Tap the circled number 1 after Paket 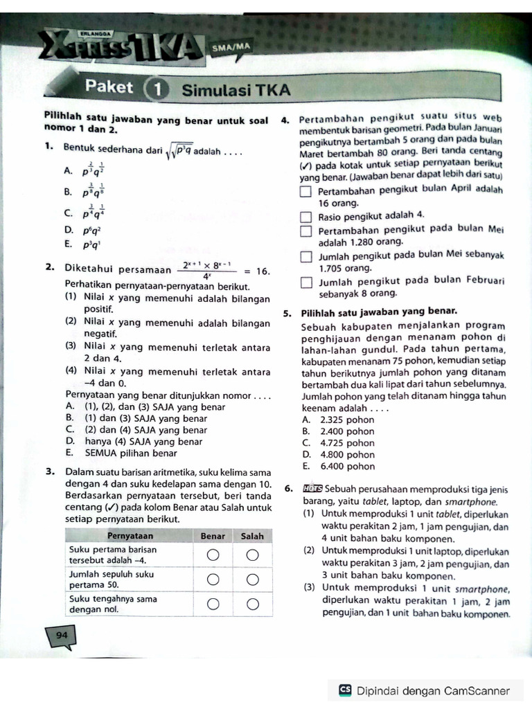point(157,89)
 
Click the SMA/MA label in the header point(231,47)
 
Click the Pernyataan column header point(130,536)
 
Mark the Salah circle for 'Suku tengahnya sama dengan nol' point(254,604)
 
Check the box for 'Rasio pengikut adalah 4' point(306,217)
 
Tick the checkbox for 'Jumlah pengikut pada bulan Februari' point(306,282)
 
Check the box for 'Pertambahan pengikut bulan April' point(306,192)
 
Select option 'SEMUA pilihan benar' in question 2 point(125,454)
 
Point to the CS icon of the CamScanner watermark point(345,690)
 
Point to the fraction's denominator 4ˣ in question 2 point(206,276)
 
